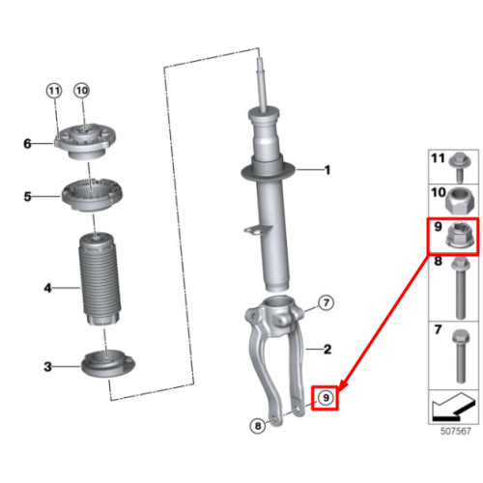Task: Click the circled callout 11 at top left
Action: pyautogui.click(x=54, y=91)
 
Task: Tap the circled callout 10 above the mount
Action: pyautogui.click(x=82, y=91)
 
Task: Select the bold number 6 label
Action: pyautogui.click(x=28, y=144)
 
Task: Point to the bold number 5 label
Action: pyautogui.click(x=28, y=196)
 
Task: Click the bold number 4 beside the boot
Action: pyautogui.click(x=47, y=288)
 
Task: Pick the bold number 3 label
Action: pyautogui.click(x=47, y=366)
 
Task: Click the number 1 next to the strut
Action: pyautogui.click(x=327, y=170)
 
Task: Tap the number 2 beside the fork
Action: pyautogui.click(x=327, y=350)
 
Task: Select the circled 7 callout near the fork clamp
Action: pyautogui.click(x=326, y=302)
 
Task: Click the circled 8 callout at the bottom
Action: pyautogui.click(x=258, y=426)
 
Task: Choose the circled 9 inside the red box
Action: pyautogui.click(x=326, y=398)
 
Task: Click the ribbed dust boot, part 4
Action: pyautogui.click(x=100, y=278)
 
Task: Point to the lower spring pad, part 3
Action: pyautogui.click(x=108, y=364)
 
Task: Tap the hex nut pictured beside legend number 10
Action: pyautogui.click(x=458, y=201)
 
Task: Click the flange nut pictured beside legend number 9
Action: pyautogui.click(x=459, y=236)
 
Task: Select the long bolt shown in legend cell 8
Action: pyautogui.click(x=461, y=288)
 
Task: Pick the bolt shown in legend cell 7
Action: pyautogui.click(x=461, y=356)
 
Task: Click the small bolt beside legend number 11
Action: pyautogui.click(x=460, y=167)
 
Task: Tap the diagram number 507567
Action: pyautogui.click(x=456, y=431)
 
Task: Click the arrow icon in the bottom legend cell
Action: pyautogui.click(x=453, y=407)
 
